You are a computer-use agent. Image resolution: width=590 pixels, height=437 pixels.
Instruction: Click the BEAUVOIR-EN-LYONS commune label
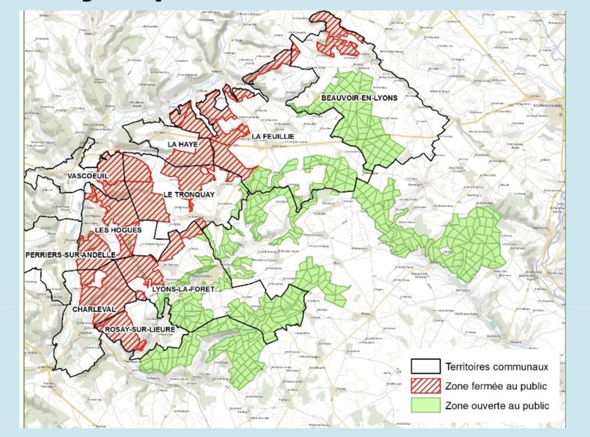359,98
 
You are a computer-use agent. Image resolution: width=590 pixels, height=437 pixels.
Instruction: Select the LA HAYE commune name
182,144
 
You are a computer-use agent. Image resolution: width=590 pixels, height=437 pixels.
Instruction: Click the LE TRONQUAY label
188,194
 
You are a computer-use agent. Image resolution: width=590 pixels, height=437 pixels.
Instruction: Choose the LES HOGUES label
117,229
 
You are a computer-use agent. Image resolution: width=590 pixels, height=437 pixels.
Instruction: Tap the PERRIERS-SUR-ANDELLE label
70,255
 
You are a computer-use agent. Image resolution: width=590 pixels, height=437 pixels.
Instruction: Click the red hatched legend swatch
425,386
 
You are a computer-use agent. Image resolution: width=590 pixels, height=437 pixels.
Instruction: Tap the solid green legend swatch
425,406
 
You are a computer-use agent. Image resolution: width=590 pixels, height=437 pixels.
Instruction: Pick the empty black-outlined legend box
425,367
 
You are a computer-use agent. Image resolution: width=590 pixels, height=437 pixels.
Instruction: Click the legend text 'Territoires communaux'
497,367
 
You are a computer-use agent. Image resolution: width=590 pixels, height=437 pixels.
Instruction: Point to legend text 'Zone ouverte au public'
497,406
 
